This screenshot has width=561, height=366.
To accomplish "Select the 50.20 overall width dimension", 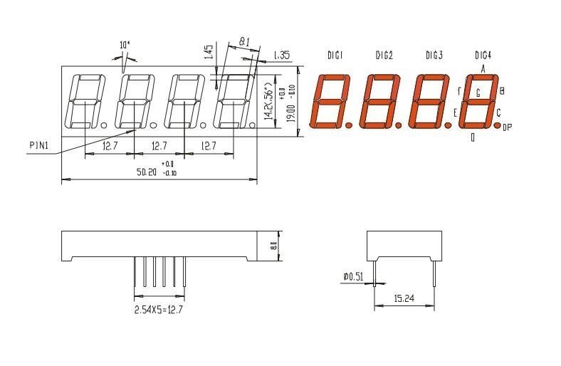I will click(147, 172).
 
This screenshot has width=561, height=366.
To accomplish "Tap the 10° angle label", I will click(125, 45).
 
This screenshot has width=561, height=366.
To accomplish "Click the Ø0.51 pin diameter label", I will click(354, 276).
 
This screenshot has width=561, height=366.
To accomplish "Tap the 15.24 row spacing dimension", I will click(404, 300).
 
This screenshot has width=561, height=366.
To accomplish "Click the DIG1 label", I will click(335, 56).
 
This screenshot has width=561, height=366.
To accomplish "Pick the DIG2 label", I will click(384, 56).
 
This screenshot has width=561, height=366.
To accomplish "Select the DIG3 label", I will click(434, 56).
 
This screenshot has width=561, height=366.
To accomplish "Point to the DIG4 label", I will click(483, 56).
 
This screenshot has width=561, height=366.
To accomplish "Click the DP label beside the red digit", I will click(507, 128).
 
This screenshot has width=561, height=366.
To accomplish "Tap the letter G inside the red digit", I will click(478, 93).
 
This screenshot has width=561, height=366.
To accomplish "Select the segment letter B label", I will click(502, 90).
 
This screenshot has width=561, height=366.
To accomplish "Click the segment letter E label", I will click(456, 113).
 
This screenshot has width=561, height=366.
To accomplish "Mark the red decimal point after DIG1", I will click(349, 125).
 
